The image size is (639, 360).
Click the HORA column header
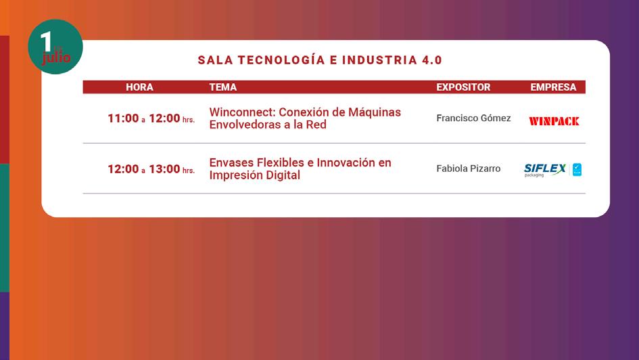pyautogui.click(x=139, y=87)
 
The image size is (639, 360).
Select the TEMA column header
pyautogui.click(x=223, y=87)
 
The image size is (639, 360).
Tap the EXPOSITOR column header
pyautogui.click(x=463, y=87)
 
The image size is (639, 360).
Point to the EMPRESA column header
pyautogui.click(x=553, y=87)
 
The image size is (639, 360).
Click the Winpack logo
pyautogui.click(x=554, y=121)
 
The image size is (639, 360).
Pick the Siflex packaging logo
pyautogui.click(x=545, y=170)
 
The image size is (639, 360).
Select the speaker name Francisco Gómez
pyautogui.click(x=473, y=118)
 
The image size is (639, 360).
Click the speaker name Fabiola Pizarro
pyautogui.click(x=468, y=168)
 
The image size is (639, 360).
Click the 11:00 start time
pyautogui.click(x=123, y=118)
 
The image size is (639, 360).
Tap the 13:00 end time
pyautogui.click(x=164, y=169)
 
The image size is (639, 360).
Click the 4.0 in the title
pyautogui.click(x=432, y=60)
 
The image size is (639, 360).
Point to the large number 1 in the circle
pyautogui.click(x=46, y=41)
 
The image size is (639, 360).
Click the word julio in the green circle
pyautogui.click(x=56, y=58)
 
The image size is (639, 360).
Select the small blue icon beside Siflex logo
pyautogui.click(x=577, y=170)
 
